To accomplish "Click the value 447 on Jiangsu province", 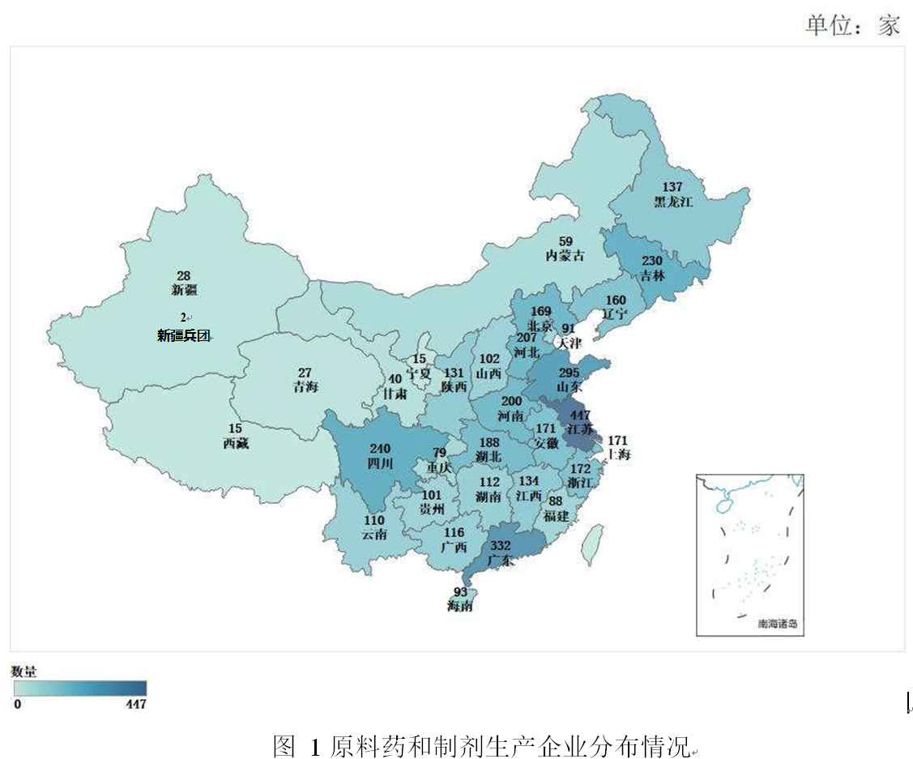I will point(580,416).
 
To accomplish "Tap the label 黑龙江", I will point(673,203).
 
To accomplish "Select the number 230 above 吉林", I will point(652,261).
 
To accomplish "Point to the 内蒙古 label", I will point(565,255).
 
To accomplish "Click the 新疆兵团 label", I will point(184,335).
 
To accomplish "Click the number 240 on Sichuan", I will point(379,449).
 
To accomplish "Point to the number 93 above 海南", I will point(460,591).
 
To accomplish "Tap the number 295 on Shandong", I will point(570,373).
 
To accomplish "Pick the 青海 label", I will point(305,387).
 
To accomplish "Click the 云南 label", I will point(374,534).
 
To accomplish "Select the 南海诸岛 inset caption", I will point(777,624).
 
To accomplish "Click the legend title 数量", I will point(23,672).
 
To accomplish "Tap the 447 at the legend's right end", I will point(135,704).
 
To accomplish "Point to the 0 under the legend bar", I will point(17,704).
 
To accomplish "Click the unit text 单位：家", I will point(852,25).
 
